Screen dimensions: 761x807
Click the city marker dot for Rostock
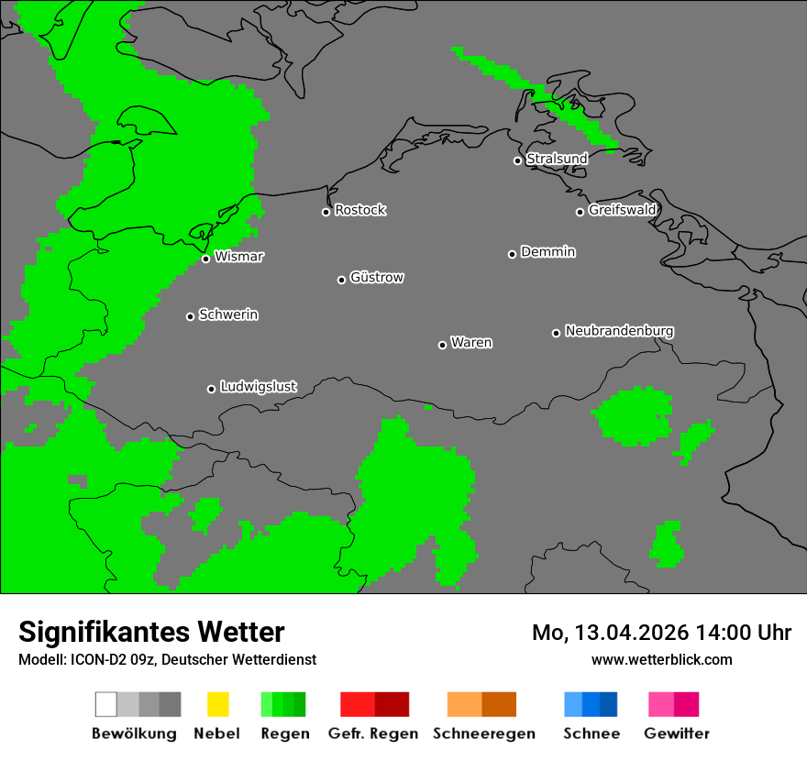pos(326,212)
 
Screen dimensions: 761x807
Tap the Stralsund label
pos(557,159)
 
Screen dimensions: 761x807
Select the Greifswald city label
pos(622,210)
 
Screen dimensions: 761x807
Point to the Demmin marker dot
pos(513,254)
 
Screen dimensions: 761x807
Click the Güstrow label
pos(377,278)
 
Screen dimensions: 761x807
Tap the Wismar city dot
pos(206,259)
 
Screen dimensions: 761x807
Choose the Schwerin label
pos(228,315)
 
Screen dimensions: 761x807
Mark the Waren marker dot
pos(443,345)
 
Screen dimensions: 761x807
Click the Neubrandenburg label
pos(619,331)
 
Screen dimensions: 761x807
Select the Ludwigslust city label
pos(258,387)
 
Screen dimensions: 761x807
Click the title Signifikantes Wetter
pos(151,633)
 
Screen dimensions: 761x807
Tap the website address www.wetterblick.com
pos(661,659)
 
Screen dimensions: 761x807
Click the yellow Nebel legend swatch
pos(217,704)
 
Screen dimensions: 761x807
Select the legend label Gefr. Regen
pos(373,733)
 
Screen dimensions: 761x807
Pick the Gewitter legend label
pos(677,733)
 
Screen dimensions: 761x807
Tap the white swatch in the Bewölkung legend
pos(106,704)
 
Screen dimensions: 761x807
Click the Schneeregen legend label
pos(483,733)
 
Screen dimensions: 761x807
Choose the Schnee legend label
pos(591,733)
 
